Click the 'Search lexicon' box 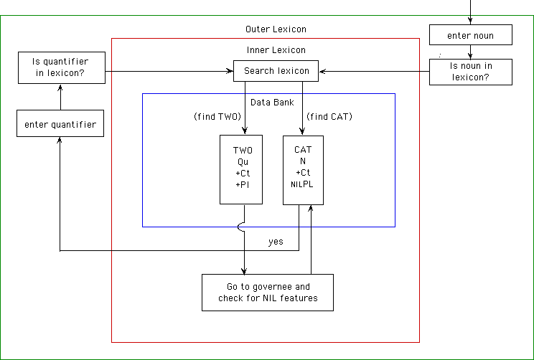tap(276, 71)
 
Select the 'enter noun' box tap(470, 34)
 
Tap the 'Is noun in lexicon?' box tap(470, 72)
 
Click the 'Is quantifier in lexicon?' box tap(62, 67)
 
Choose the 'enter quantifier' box tap(60, 124)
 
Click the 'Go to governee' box tap(268, 292)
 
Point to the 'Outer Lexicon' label tap(276, 29)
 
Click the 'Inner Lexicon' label tap(276, 50)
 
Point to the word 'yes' tap(276, 241)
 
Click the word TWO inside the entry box tap(243, 151)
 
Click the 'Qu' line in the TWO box tap(243, 161)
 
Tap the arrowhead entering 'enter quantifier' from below tap(60, 141)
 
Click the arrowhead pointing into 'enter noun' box tap(470, 22)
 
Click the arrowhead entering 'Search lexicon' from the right tap(323, 71)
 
